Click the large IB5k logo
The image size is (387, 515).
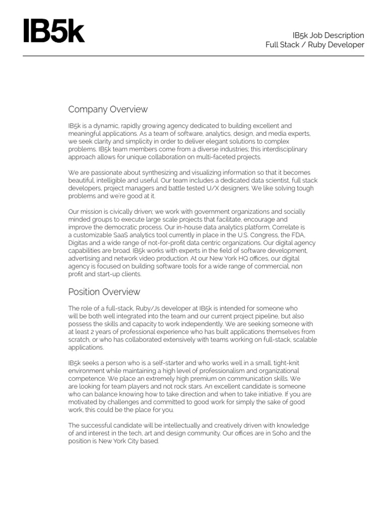[x=54, y=31]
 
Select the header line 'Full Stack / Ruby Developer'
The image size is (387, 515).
[x=315, y=45]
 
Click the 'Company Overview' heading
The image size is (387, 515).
[x=108, y=109]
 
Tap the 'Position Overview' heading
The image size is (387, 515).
[x=104, y=292]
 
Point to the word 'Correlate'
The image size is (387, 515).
[x=284, y=227]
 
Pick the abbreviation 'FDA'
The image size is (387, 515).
[x=298, y=235]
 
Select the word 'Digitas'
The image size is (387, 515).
[x=78, y=243]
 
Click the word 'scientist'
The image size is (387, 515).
[x=260, y=180]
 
